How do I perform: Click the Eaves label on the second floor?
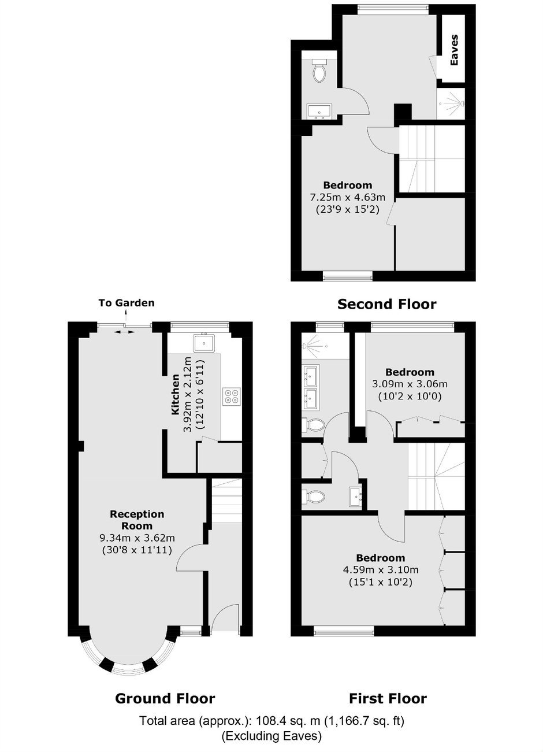453,50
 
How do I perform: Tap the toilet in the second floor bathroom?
318,70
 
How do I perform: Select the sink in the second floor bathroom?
319,112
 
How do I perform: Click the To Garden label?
127,303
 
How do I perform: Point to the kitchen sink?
204,342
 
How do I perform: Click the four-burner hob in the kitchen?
231,395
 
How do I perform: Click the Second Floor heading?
386,304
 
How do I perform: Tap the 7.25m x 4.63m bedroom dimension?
347,197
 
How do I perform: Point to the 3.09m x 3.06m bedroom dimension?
410,384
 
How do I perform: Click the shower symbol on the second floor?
452,103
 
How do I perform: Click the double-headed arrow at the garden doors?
124,332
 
